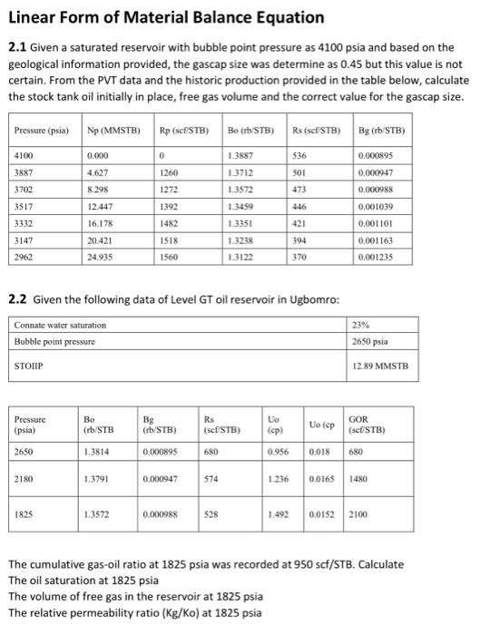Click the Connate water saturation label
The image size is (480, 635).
(x=54, y=325)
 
